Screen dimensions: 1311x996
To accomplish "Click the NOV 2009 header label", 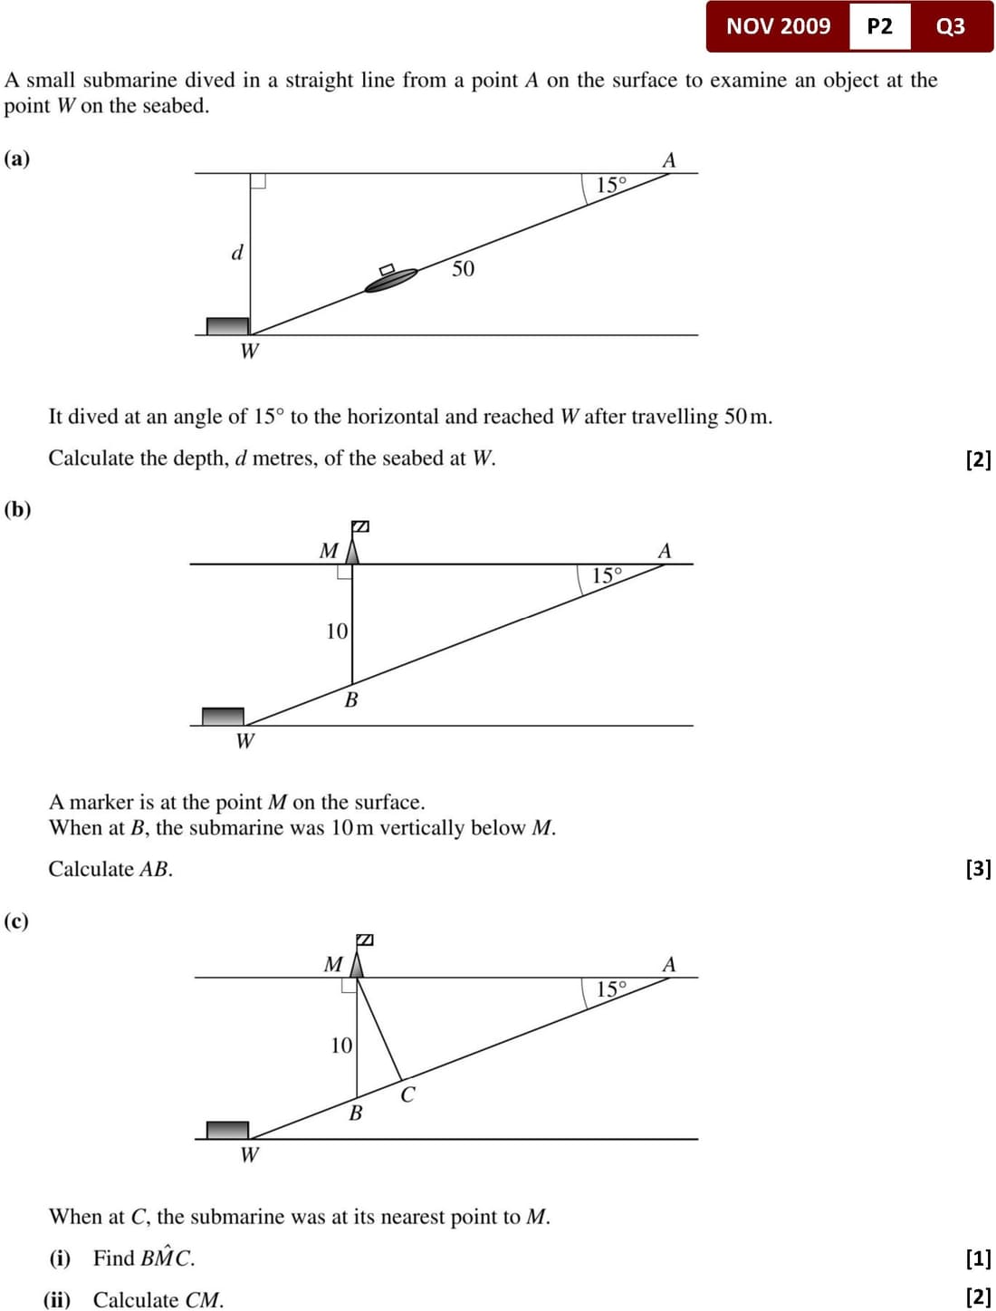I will click(x=778, y=26).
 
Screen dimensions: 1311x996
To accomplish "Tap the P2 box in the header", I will click(x=879, y=26).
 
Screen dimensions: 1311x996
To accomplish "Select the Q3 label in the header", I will click(x=950, y=26).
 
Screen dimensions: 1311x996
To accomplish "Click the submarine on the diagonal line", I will click(x=391, y=280).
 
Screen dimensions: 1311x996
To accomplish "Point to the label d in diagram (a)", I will click(x=237, y=253).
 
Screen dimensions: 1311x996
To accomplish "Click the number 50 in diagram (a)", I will click(x=463, y=269).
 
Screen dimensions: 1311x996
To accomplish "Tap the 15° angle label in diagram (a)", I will click(x=611, y=186).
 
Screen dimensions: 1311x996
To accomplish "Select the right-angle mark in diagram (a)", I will click(x=258, y=180).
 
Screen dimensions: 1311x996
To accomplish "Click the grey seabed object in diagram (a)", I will click(x=227, y=326).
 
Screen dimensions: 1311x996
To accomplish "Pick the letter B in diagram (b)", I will click(x=351, y=699).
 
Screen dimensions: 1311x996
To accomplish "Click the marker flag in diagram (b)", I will click(x=359, y=526).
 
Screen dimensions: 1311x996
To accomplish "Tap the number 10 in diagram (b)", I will click(x=337, y=631).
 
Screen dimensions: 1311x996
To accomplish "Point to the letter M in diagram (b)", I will click(x=329, y=551).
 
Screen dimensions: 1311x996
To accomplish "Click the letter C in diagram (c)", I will click(x=407, y=1095).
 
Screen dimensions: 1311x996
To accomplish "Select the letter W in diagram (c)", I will click(x=249, y=1154).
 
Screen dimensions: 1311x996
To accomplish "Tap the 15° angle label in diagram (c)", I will click(x=611, y=989).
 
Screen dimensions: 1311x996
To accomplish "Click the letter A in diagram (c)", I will click(x=669, y=964).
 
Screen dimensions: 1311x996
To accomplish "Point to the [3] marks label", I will click(x=978, y=869).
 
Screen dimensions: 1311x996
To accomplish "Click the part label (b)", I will click(x=17, y=509).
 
